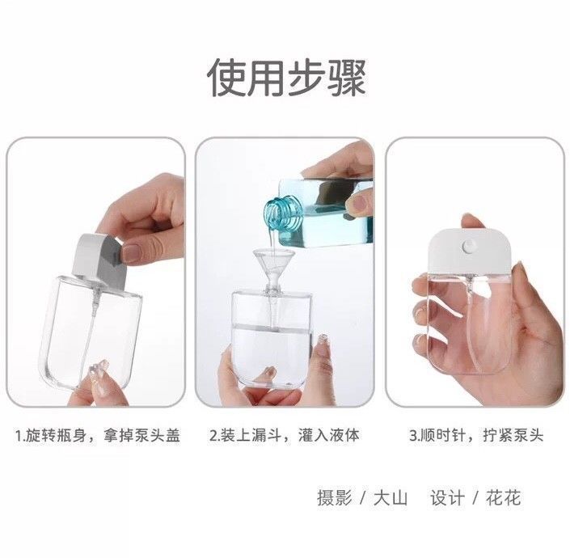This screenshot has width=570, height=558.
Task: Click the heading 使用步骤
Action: [286, 78]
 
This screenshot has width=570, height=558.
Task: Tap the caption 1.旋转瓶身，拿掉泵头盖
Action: [97, 435]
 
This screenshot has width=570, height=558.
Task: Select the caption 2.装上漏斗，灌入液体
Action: [285, 435]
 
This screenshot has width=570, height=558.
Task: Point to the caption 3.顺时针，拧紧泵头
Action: [476, 435]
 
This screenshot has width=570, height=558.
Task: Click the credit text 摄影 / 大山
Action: [362, 497]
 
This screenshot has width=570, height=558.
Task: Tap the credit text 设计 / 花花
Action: [475, 497]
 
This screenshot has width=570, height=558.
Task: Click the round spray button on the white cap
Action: [471, 247]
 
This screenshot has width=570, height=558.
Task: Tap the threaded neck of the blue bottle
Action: [283, 213]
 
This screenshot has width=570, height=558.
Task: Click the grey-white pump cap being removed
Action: [98, 260]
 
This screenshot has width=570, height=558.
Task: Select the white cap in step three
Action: [471, 250]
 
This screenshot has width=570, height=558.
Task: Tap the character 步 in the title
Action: [306, 78]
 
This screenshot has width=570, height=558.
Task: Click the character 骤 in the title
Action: [346, 78]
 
